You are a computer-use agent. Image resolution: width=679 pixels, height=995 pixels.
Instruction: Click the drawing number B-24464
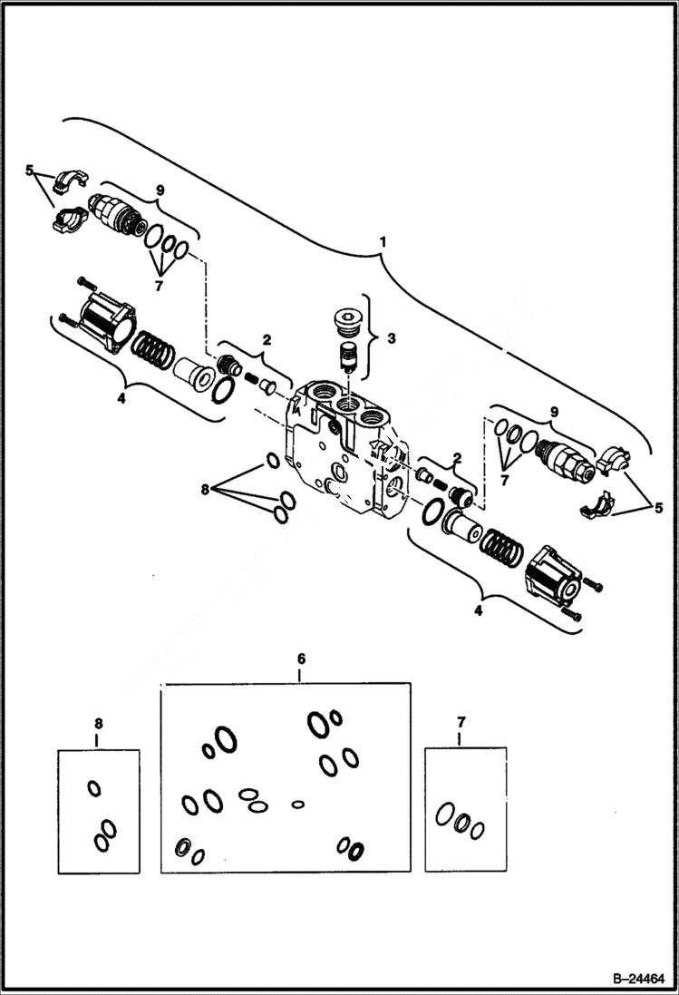pyautogui.click(x=637, y=977)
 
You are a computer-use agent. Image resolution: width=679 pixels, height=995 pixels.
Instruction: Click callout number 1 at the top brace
pyautogui.click(x=383, y=242)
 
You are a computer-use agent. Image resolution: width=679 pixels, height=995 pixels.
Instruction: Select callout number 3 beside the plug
pyautogui.click(x=390, y=338)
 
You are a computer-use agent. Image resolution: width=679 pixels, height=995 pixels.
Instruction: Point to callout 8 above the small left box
pyautogui.click(x=98, y=723)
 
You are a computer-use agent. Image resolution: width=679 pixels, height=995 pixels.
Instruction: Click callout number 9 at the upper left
pyautogui.click(x=160, y=190)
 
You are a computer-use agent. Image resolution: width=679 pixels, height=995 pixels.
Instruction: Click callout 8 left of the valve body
pyautogui.click(x=206, y=490)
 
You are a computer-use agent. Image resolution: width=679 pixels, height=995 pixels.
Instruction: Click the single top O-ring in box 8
pyautogui.click(x=93, y=787)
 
